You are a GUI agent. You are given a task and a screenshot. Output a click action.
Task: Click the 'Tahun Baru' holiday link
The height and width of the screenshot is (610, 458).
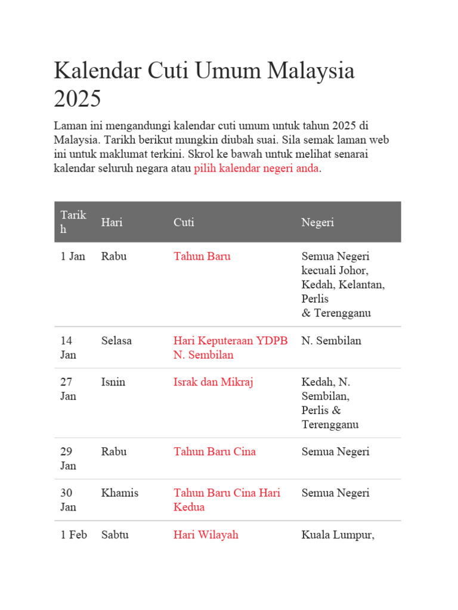pyautogui.click(x=202, y=257)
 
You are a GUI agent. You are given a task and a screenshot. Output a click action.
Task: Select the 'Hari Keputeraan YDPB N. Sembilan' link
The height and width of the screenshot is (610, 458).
pyautogui.click(x=230, y=348)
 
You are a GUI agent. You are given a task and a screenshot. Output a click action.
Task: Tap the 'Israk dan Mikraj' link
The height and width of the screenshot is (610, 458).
pyautogui.click(x=213, y=382)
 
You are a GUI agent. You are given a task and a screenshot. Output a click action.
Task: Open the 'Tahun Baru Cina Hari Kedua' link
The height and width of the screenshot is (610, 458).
pyautogui.click(x=227, y=500)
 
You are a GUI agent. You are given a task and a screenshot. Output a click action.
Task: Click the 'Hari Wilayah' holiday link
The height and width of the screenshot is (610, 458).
pyautogui.click(x=206, y=535)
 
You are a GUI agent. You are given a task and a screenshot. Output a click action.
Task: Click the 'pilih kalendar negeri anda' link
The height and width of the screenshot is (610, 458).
pyautogui.click(x=256, y=168)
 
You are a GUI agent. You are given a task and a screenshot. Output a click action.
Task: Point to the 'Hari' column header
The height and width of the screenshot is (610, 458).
pyautogui.click(x=112, y=222)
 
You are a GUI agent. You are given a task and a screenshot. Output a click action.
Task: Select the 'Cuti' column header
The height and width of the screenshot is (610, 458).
pyautogui.click(x=184, y=222)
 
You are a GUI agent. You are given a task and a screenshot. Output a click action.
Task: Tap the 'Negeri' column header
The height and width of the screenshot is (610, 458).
pyautogui.click(x=317, y=222)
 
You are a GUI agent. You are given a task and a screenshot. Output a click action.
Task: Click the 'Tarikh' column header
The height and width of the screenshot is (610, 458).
pyautogui.click(x=73, y=222)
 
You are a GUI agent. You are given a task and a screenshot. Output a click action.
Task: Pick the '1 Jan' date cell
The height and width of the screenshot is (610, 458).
pyautogui.click(x=73, y=257)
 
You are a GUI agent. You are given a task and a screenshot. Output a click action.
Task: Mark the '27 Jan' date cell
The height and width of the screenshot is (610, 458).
pyautogui.click(x=68, y=389)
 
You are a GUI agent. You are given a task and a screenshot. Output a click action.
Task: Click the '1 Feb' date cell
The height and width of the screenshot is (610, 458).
pyautogui.click(x=73, y=535)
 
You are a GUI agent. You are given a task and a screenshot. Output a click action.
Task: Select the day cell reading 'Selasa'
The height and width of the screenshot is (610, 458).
pyautogui.click(x=116, y=341)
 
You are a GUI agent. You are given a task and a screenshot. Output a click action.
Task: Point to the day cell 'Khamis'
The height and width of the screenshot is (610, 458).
pyautogui.click(x=119, y=493)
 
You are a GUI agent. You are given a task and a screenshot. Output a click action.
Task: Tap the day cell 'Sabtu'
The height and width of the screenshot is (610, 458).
pyautogui.click(x=114, y=535)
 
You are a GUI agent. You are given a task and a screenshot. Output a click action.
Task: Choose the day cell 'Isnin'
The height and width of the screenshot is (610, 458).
pyautogui.click(x=113, y=382)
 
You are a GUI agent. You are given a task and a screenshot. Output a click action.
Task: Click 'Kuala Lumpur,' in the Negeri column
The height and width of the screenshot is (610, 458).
pyautogui.click(x=338, y=535)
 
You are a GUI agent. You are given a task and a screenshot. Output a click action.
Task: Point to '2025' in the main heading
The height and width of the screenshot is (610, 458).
pyautogui.click(x=78, y=99)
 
